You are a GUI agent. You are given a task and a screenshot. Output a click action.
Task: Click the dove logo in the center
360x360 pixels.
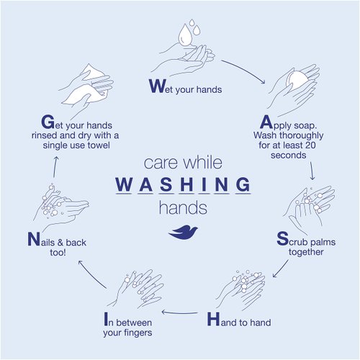184,232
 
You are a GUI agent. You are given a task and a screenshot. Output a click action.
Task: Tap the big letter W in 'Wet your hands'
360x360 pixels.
157,86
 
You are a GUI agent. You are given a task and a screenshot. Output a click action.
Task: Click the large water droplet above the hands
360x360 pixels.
186,35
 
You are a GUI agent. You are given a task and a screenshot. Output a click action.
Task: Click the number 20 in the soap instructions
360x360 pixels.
310,145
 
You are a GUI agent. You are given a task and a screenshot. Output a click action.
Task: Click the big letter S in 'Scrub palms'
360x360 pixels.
282,238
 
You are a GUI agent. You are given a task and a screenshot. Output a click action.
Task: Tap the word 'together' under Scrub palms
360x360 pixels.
306,252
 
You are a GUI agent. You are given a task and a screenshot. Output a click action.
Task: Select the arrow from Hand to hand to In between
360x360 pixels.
179,312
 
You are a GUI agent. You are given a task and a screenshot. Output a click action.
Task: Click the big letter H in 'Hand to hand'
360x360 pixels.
213,319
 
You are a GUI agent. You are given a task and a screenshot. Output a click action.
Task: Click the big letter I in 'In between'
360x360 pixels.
106,319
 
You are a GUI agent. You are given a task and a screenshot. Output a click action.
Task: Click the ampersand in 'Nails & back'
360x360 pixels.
60,243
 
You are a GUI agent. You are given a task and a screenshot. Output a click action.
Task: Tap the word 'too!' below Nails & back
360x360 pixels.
58,253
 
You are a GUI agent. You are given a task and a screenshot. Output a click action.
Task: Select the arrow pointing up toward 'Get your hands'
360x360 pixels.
55,167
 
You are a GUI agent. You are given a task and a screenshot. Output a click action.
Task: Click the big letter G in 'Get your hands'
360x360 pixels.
48,122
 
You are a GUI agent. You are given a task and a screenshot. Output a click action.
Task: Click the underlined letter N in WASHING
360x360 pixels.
222,184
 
